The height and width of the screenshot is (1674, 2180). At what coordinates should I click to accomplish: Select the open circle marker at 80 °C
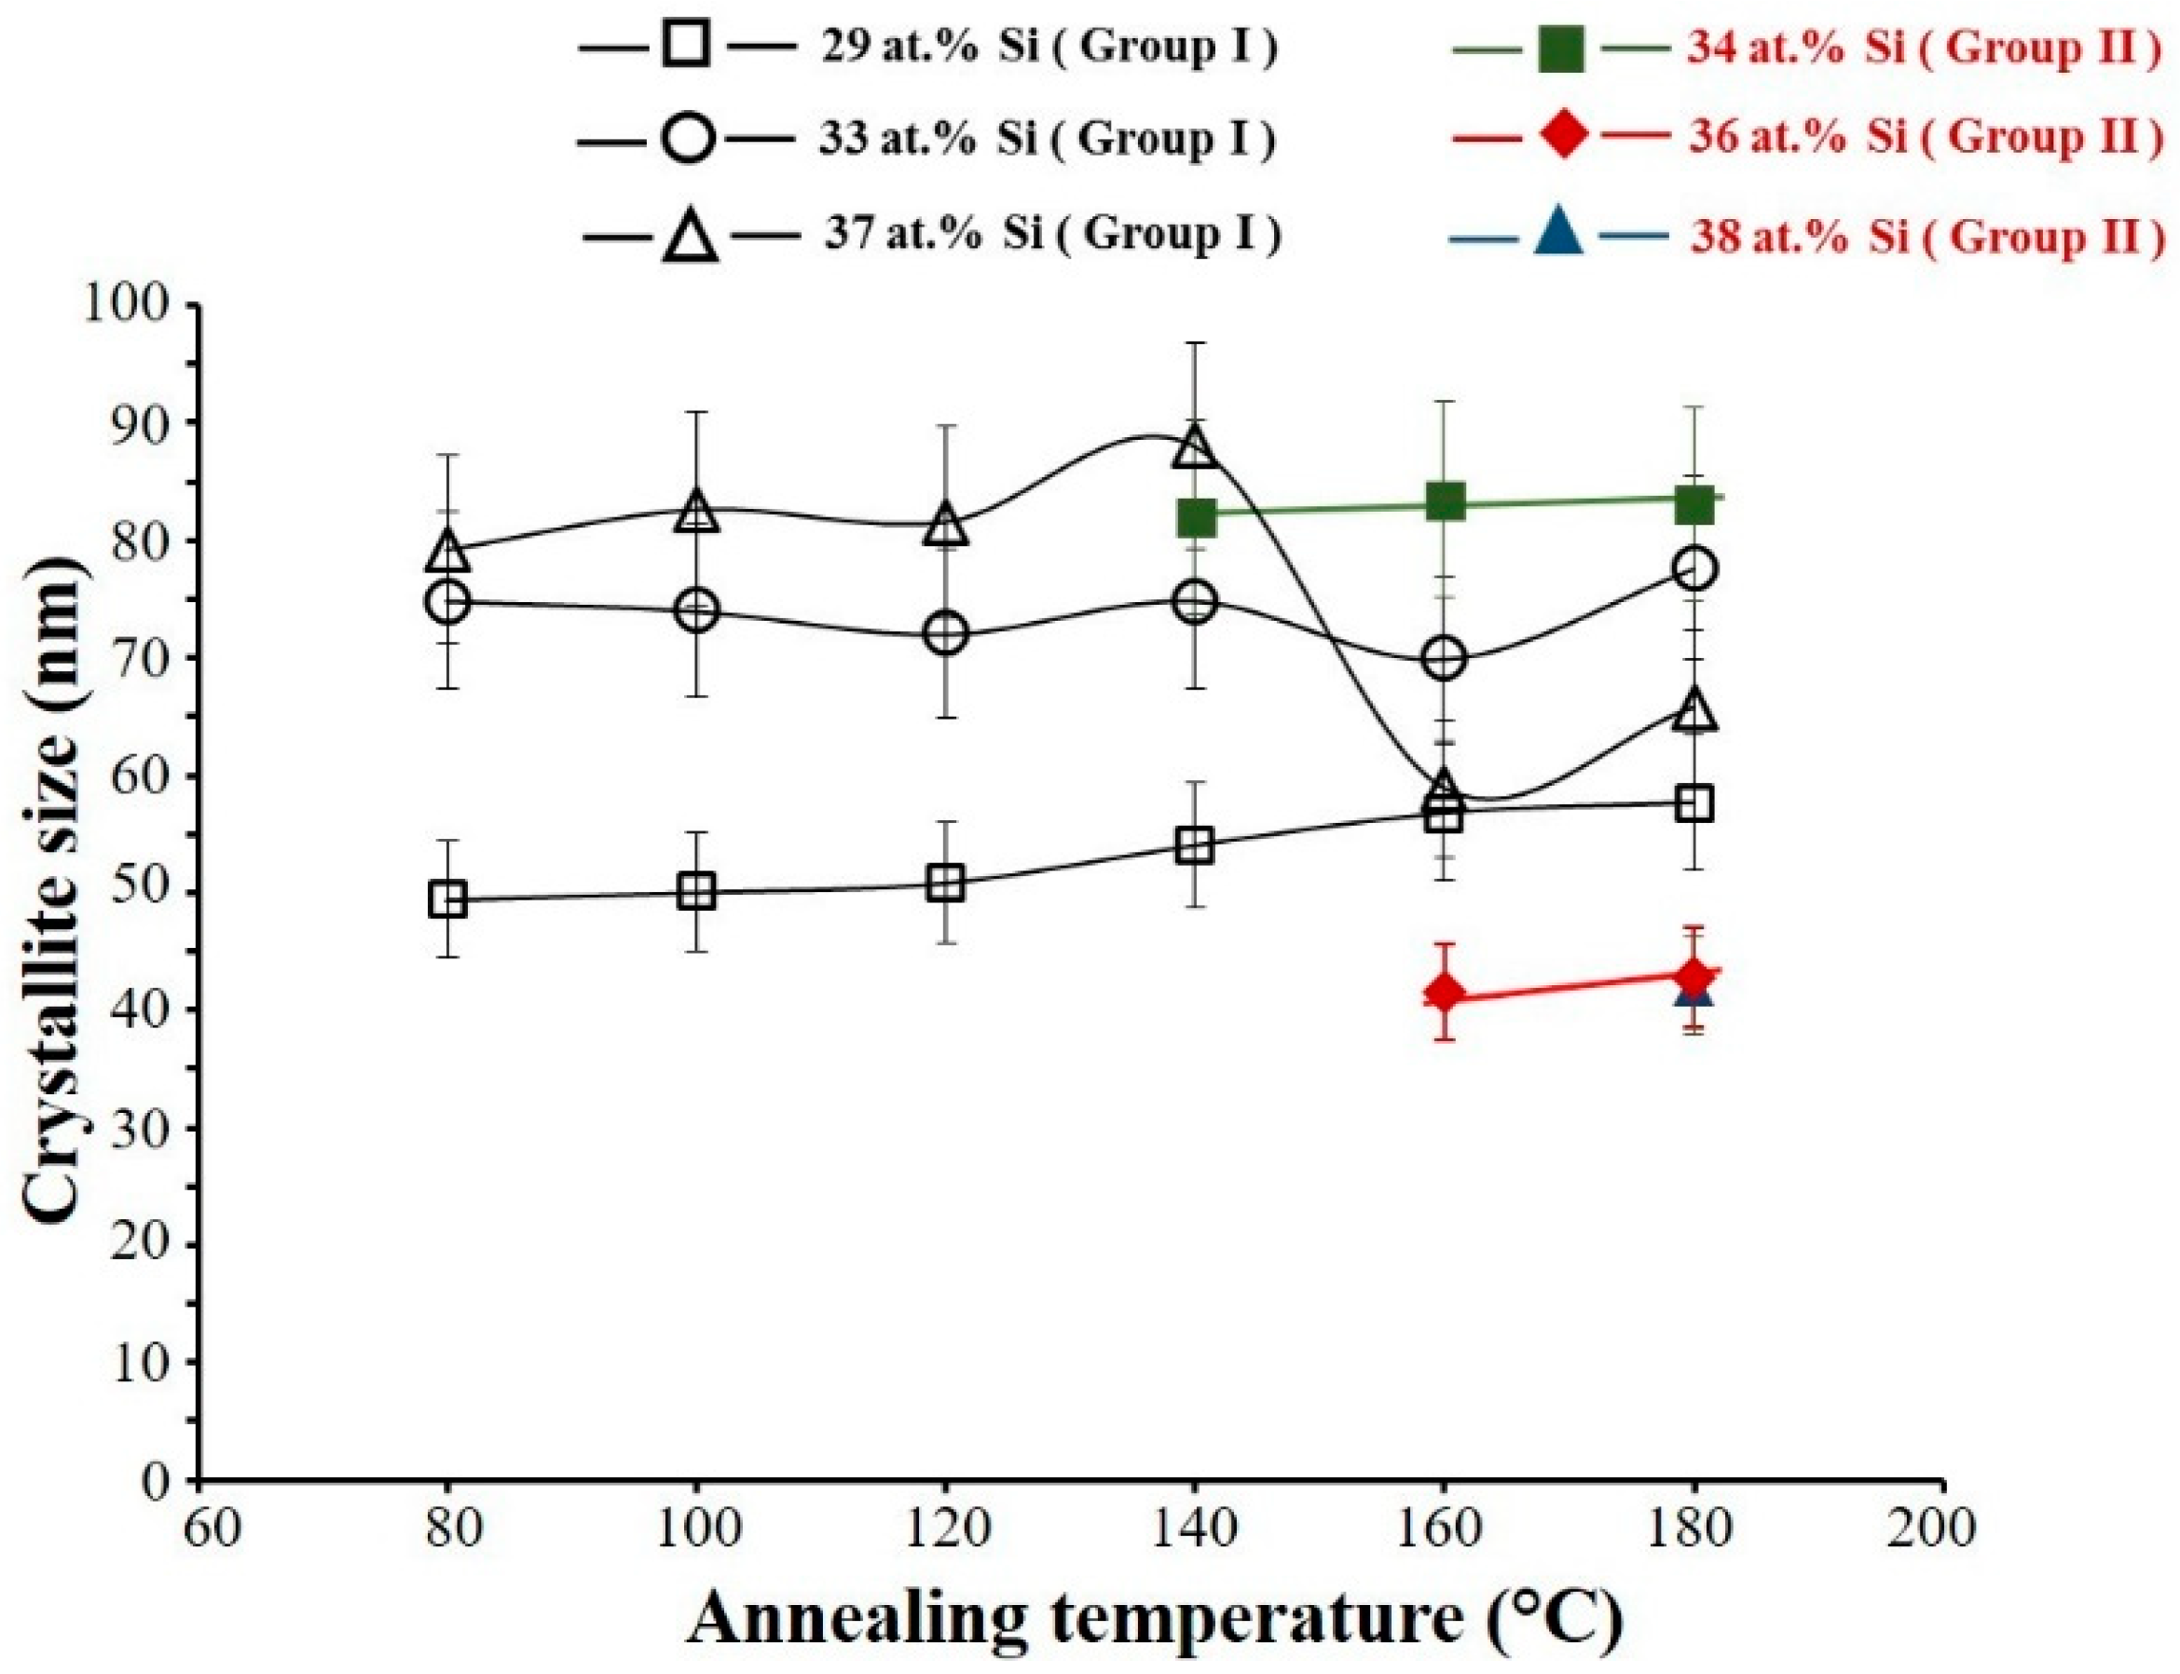[x=447, y=602]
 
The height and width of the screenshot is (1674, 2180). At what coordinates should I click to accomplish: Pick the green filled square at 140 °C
[x=1196, y=518]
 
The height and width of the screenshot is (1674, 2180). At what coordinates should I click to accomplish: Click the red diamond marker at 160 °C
[x=1445, y=994]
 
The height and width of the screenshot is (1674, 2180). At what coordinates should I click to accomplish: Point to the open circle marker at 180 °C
[x=1694, y=569]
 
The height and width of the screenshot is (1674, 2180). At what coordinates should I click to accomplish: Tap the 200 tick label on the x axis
[x=1943, y=1530]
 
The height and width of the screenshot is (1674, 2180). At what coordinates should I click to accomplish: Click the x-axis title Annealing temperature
[x=1154, y=1619]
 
